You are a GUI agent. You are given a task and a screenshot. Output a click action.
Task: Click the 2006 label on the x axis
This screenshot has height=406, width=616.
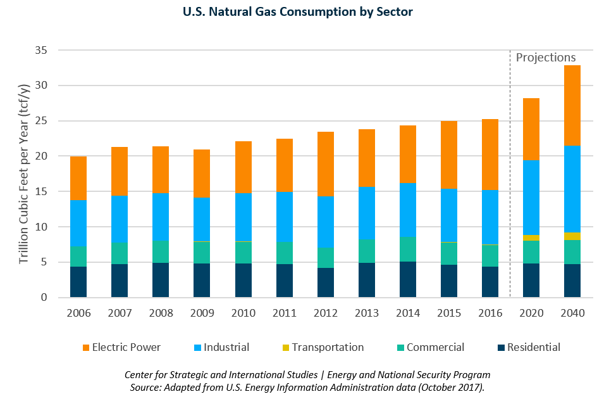78,314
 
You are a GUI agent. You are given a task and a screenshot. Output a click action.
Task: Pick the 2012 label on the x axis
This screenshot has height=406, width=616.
325,314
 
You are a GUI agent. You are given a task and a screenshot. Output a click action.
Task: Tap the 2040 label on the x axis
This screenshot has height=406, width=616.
572,314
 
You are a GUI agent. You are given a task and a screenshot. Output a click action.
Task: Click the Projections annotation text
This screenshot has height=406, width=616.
546,58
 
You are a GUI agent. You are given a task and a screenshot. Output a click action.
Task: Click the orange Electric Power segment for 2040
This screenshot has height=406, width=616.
572,105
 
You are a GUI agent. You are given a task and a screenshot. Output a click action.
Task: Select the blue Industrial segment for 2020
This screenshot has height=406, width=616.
531,198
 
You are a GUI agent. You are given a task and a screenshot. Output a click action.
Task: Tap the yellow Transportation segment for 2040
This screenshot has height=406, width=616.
572,236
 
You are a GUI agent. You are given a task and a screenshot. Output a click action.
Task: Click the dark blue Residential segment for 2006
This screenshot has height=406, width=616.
78,282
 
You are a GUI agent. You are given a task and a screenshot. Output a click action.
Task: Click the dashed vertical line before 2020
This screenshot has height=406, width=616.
510,190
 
